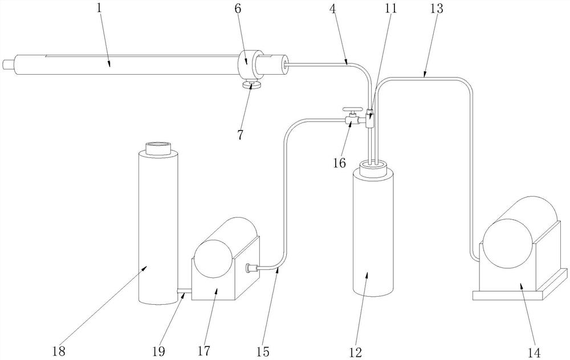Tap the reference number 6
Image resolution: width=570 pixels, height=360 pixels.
pyautogui.click(x=237, y=9)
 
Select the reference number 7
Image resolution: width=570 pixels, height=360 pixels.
pyautogui.click(x=240, y=135)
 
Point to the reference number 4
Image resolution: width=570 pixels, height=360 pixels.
pyautogui.click(x=333, y=9)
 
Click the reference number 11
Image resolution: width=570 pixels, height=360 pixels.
pyautogui.click(x=391, y=9)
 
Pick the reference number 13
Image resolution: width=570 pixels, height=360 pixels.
pyautogui.click(x=437, y=9)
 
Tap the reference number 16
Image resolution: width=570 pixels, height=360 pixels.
pyautogui.click(x=340, y=163)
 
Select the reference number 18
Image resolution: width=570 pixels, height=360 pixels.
pyautogui.click(x=59, y=351)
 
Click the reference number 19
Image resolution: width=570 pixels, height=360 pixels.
pyautogui.click(x=158, y=351)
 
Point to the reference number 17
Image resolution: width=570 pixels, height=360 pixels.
pyautogui.click(x=204, y=351)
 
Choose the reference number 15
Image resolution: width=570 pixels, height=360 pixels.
pyautogui.click(x=263, y=351)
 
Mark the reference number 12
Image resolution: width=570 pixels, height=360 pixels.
pyautogui.click(x=356, y=351)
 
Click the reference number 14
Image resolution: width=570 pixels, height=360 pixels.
pyautogui.click(x=534, y=352)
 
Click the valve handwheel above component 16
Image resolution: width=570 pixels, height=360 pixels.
pyautogui.click(x=352, y=109)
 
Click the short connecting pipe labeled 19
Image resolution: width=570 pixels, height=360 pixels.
pyautogui.click(x=185, y=291)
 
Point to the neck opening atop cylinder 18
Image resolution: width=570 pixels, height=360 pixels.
pyautogui.click(x=158, y=148)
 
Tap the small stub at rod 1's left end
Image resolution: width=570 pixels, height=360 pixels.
pyautogui.click(x=8, y=65)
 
